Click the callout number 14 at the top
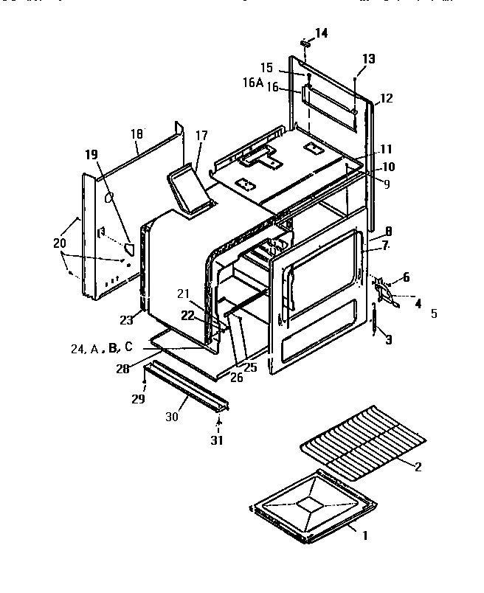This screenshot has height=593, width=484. (x=322, y=32)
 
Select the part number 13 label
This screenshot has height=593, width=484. (x=368, y=58)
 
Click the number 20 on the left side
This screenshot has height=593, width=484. (x=59, y=243)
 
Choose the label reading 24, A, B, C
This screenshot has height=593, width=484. (x=103, y=348)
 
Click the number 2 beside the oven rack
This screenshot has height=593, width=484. (x=418, y=465)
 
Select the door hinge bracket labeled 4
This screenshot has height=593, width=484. (x=388, y=297)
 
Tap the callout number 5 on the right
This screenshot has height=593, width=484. (x=434, y=313)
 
